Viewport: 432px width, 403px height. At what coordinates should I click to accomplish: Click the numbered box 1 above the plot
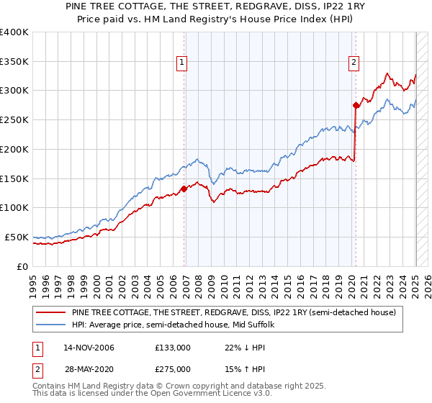click(183, 63)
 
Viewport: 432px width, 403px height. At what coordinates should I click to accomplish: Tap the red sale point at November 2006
click(184, 189)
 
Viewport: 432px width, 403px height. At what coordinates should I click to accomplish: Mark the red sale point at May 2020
click(356, 105)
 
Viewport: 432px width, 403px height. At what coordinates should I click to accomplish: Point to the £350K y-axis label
click(14, 61)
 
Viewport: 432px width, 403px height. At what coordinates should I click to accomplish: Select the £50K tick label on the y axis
click(17, 237)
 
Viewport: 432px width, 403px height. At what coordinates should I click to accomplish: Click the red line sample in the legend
click(50, 313)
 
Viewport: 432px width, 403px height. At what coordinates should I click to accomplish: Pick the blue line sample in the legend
click(50, 325)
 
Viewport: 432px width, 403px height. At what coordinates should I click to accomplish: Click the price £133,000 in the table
click(173, 348)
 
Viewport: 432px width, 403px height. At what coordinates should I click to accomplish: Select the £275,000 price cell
click(173, 369)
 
